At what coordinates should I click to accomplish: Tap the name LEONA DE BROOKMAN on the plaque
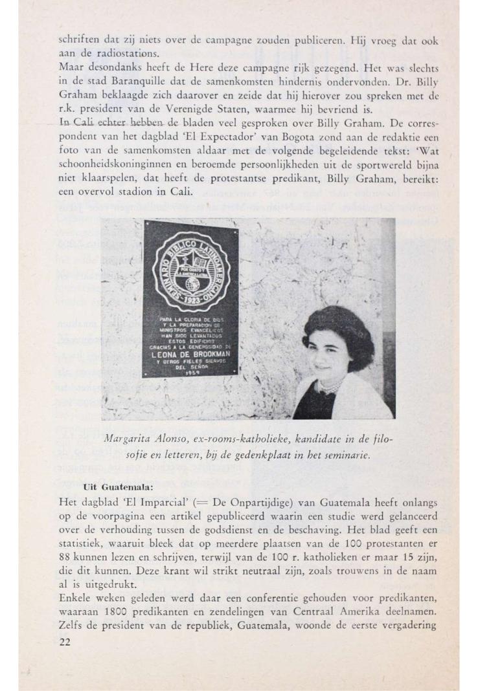(x=190, y=355)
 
